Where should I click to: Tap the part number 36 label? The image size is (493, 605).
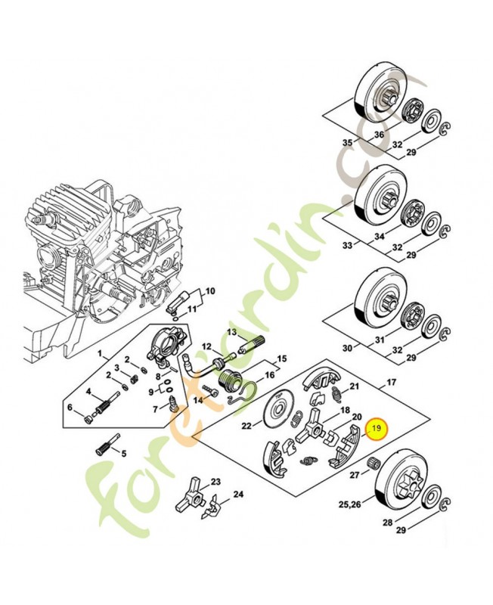(379, 135)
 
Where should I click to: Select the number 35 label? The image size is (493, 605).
(347, 143)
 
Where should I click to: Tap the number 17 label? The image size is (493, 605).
(390, 383)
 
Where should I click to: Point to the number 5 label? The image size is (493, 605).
(125, 454)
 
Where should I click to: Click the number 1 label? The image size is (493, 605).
(98, 353)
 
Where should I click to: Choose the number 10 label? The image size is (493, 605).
(210, 291)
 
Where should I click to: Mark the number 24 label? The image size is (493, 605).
(238, 495)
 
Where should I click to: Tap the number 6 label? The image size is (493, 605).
(70, 408)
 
